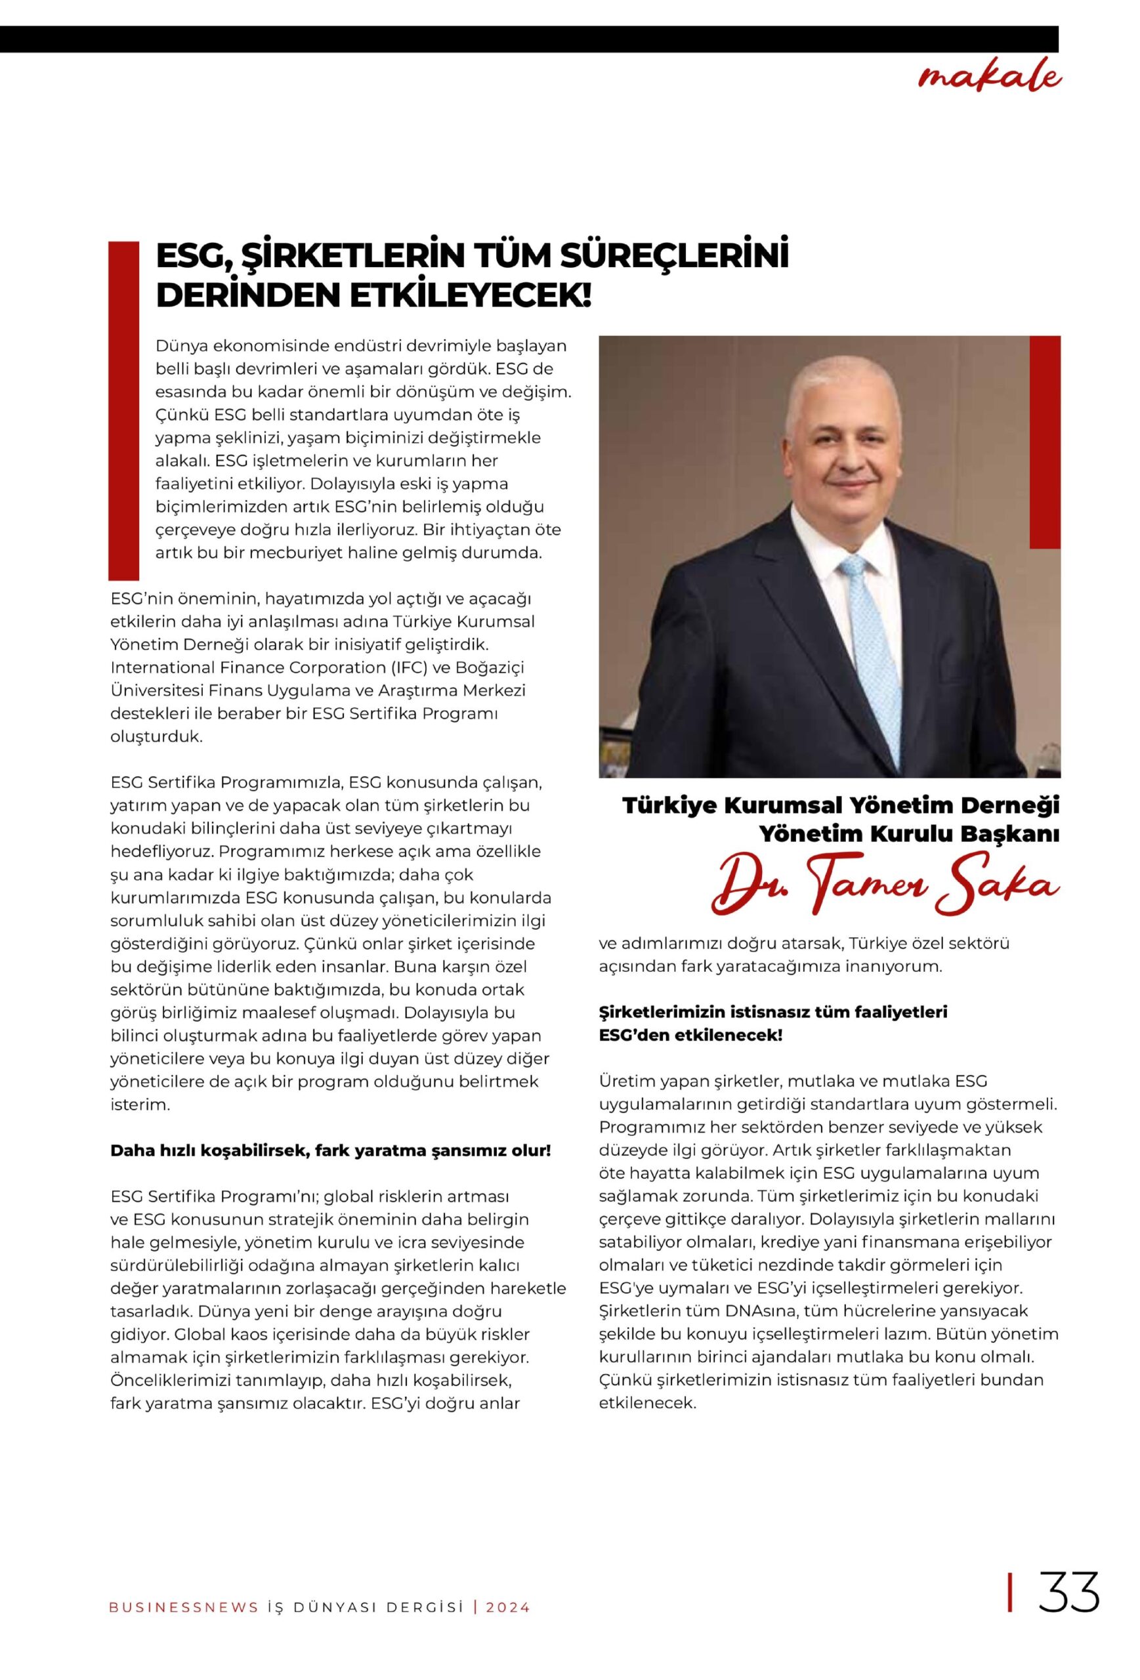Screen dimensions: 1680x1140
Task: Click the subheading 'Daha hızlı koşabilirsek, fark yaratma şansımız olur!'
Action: coord(330,1150)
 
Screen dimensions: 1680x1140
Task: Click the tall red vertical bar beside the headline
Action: coord(123,410)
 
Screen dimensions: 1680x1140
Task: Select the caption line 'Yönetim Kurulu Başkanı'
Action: coord(909,833)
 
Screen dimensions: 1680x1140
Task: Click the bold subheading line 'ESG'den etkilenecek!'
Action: coord(690,1035)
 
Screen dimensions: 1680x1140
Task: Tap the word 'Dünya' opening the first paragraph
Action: coord(179,346)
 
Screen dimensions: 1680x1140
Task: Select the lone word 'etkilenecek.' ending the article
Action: coord(647,1403)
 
